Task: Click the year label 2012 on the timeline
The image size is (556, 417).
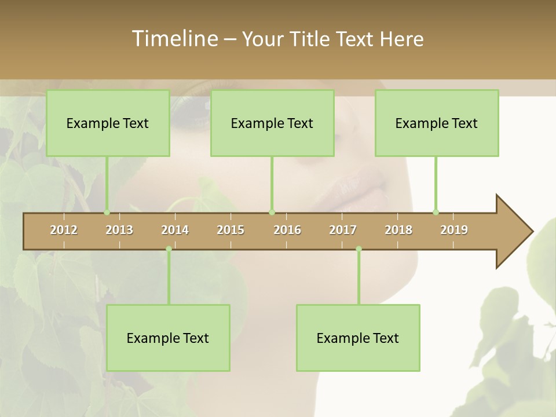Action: (x=64, y=230)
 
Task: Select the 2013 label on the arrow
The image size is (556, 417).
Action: (x=119, y=230)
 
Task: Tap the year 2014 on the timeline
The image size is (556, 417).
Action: (x=175, y=230)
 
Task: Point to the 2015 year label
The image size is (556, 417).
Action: (x=231, y=230)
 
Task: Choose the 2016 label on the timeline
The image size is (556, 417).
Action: (x=287, y=230)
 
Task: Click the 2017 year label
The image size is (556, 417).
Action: (x=343, y=230)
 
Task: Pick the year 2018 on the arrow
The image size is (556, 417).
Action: (x=398, y=230)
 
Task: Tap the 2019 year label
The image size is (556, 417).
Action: (x=454, y=230)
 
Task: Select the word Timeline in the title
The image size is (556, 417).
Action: (x=174, y=39)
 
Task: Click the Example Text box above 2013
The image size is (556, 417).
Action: (x=108, y=123)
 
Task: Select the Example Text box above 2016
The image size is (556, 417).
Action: (x=272, y=123)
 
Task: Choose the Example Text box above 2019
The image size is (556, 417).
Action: (x=437, y=123)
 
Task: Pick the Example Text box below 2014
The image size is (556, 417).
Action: (x=168, y=338)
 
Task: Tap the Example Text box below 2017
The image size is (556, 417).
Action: (x=358, y=338)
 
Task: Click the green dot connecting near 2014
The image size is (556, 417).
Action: (x=169, y=249)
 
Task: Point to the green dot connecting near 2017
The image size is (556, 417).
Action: (x=359, y=249)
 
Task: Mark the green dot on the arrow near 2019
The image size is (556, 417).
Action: (x=436, y=212)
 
